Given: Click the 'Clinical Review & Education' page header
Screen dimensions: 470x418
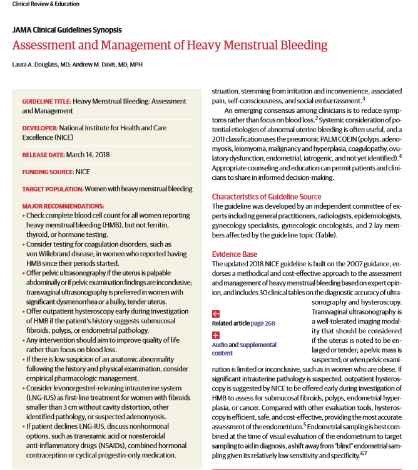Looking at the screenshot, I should click(46, 4).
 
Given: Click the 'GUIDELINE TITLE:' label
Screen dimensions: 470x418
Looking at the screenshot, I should click(47, 101).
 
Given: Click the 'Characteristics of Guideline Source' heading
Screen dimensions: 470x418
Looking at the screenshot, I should click(265, 196).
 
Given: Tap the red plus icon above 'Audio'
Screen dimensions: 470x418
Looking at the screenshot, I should click(216, 335).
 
